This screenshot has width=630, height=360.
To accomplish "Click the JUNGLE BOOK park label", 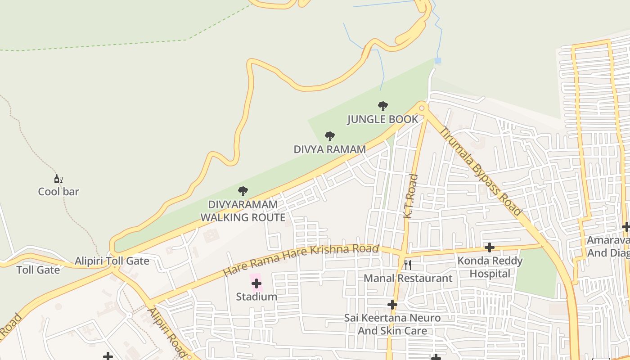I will click(x=382, y=119).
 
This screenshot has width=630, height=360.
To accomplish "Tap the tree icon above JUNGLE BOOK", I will click(x=382, y=106).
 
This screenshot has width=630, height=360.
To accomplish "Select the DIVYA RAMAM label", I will click(x=329, y=149).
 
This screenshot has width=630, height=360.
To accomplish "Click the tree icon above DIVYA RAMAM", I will click(x=330, y=136).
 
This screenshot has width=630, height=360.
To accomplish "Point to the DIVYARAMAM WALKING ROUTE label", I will click(x=243, y=211).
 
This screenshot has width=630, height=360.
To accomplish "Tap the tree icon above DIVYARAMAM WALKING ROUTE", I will click(x=243, y=191).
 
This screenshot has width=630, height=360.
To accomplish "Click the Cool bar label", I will click(x=58, y=192).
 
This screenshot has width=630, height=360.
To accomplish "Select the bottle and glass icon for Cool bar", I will click(x=58, y=179).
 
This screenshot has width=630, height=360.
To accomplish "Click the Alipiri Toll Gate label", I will click(x=112, y=261).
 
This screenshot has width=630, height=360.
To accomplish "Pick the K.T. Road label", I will click(x=410, y=196).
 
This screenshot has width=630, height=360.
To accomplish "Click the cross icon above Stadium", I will click(x=256, y=283).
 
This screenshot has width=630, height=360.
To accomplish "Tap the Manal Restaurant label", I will click(x=408, y=278).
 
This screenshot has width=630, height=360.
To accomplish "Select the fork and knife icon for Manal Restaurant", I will click(x=408, y=265).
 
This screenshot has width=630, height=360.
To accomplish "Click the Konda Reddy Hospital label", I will click(x=490, y=267).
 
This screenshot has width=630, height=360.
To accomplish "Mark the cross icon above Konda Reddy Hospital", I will click(x=490, y=247).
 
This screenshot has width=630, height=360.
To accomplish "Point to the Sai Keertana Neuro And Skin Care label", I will click(x=392, y=324).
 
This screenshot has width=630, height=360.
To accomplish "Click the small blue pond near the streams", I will click(x=438, y=60).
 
